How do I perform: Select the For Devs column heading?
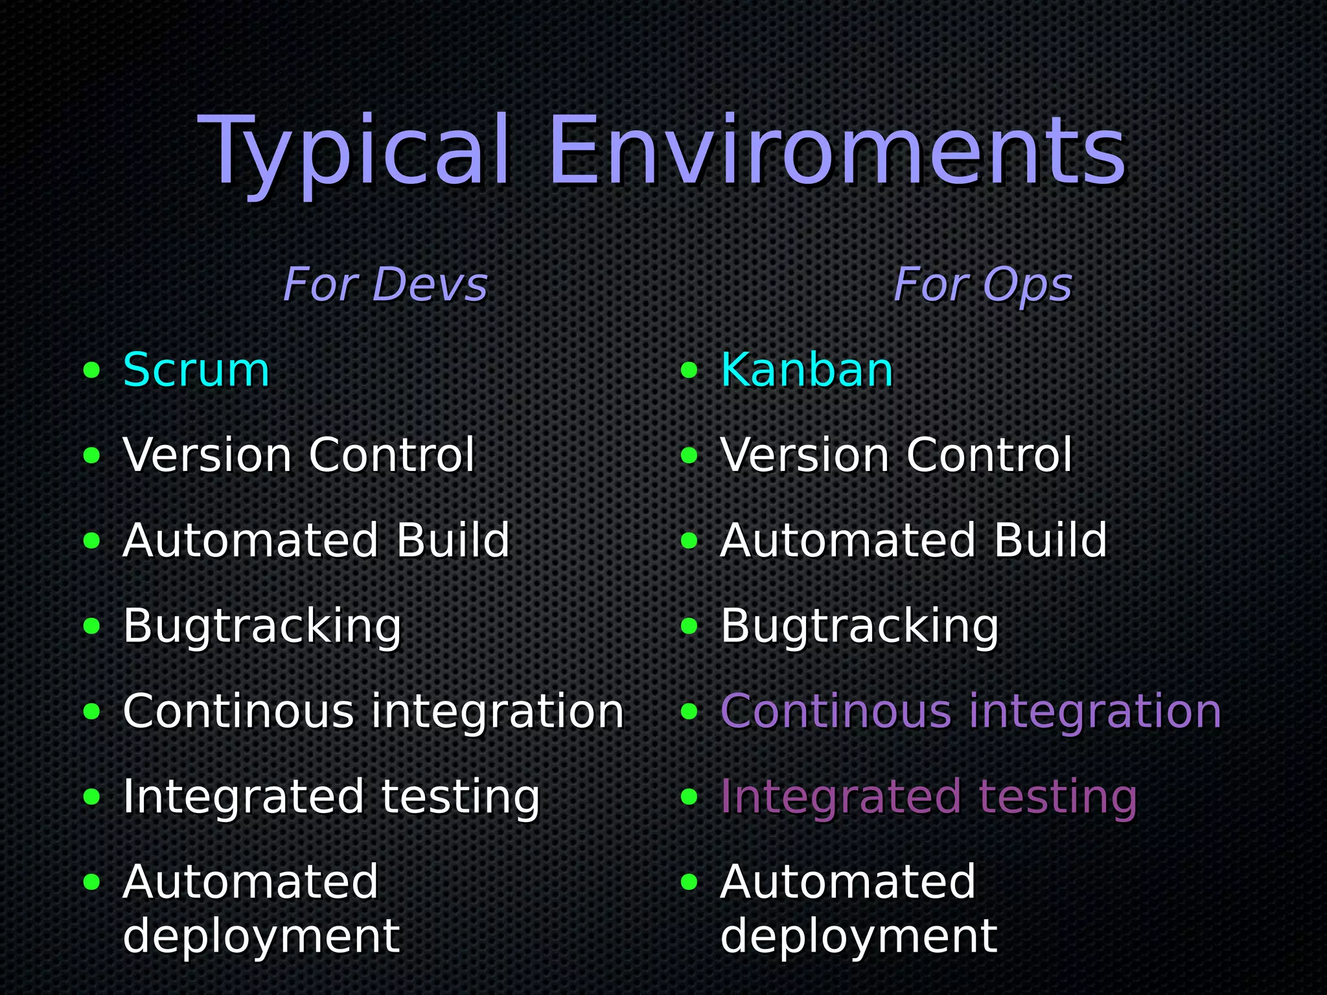(x=385, y=285)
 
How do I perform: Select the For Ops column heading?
(x=982, y=285)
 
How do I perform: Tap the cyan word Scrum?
(x=196, y=371)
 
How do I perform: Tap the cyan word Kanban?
(x=807, y=371)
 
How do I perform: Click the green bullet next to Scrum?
(x=92, y=371)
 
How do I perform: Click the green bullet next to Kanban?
(x=689, y=371)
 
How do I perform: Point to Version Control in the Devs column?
(x=299, y=455)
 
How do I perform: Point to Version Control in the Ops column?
(x=896, y=455)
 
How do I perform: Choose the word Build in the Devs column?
(x=453, y=541)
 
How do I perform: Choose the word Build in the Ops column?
(x=1050, y=541)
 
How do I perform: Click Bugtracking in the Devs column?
(x=262, y=626)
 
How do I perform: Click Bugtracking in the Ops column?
(x=860, y=626)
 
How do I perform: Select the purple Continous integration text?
(x=971, y=711)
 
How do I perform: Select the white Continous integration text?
(x=373, y=711)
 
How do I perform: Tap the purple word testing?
(x=1057, y=797)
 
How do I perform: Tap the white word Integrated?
(x=244, y=797)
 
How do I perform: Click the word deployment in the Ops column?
(x=859, y=936)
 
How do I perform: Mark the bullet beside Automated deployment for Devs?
(x=92, y=882)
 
